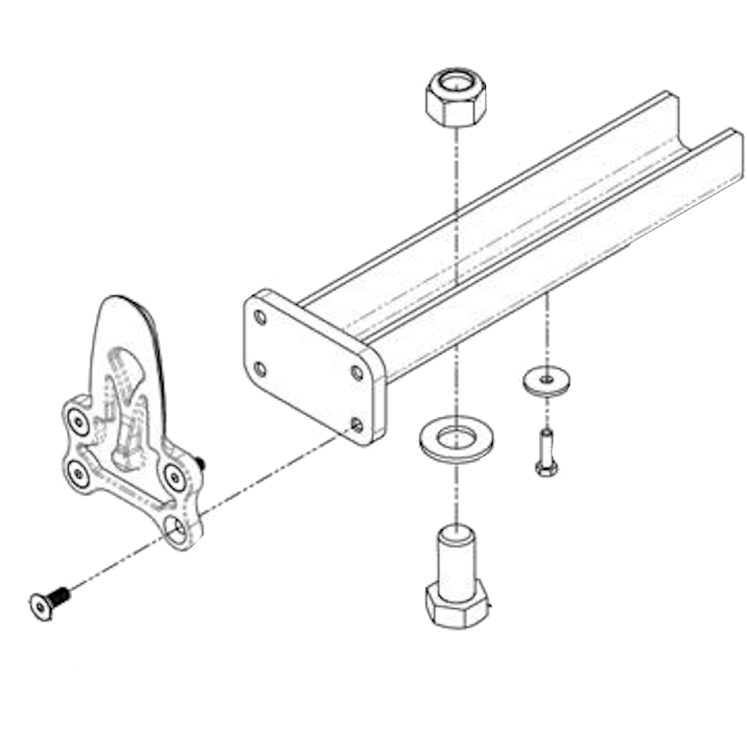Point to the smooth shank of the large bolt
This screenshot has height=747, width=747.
(x=456, y=557)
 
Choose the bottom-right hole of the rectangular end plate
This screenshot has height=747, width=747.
(x=357, y=423)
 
